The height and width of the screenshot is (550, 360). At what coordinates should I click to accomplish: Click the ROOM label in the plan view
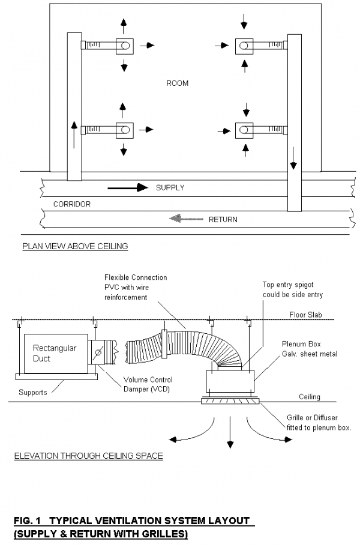pos(177,83)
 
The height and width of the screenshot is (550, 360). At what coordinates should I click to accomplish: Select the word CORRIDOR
pos(72,204)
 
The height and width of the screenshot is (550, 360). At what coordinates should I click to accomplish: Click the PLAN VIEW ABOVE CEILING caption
pos(75,246)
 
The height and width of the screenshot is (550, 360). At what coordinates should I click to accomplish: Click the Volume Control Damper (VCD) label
pos(148,384)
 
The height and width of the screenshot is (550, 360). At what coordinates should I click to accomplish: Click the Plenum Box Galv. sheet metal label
pos(310,349)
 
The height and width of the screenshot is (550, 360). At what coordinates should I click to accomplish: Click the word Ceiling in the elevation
pos(310,397)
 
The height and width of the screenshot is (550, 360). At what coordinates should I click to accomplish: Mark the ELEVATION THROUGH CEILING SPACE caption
pos(88,456)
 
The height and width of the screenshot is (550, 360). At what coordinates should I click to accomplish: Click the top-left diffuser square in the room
pos(124,45)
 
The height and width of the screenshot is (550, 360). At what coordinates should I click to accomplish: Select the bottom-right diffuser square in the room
pos(244,129)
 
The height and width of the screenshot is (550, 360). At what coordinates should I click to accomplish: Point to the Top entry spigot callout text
pos(293,289)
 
